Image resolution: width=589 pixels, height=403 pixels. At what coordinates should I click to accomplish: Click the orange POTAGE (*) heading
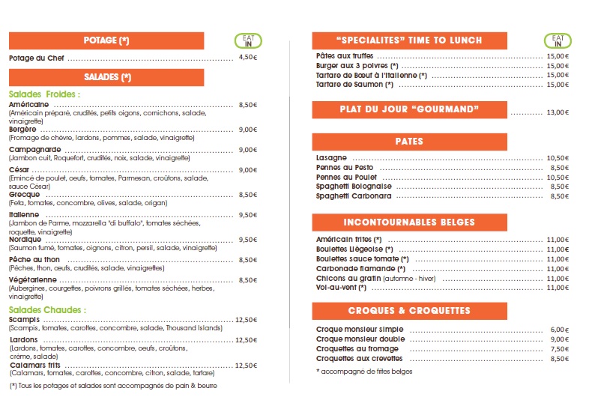(106, 40)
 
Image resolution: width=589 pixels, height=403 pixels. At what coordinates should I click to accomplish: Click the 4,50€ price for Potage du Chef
(247, 58)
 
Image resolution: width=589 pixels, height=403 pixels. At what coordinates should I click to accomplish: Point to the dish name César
(19, 170)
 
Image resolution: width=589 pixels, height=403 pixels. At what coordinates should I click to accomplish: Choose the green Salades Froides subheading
(44, 94)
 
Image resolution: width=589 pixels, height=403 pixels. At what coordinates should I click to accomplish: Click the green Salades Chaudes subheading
(47, 309)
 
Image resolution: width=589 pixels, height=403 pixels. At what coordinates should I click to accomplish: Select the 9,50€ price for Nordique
(247, 240)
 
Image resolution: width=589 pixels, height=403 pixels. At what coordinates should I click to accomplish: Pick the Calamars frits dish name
(34, 366)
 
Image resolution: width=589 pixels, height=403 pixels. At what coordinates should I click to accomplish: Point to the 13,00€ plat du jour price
(558, 112)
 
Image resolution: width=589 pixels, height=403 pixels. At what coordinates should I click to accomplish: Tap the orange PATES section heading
(409, 142)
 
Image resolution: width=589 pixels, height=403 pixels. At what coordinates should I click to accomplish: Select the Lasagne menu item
(332, 158)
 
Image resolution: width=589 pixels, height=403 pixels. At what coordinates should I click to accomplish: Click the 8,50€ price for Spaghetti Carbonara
(559, 196)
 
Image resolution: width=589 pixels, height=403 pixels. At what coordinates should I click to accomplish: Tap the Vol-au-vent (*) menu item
(342, 288)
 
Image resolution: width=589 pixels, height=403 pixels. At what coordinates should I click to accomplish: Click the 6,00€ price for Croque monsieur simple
(559, 330)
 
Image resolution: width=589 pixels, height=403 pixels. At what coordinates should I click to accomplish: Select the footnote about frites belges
(364, 372)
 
